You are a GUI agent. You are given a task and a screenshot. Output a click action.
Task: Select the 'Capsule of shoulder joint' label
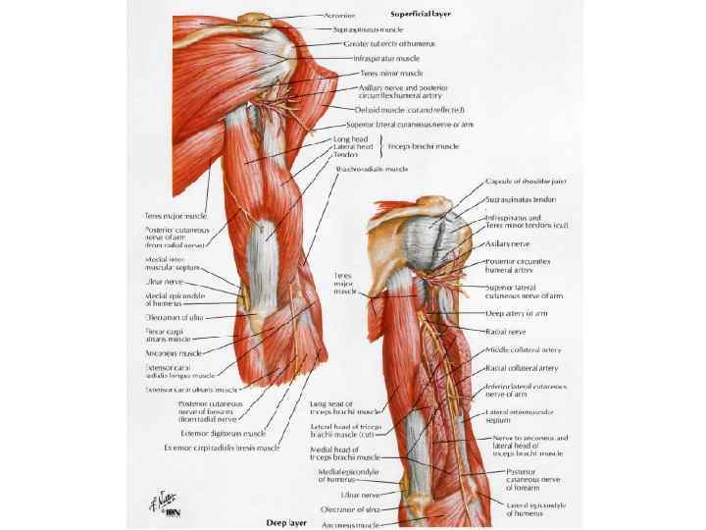pyautogui.click(x=529, y=184)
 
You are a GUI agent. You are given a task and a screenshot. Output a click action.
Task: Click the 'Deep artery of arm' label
pyautogui.click(x=517, y=314)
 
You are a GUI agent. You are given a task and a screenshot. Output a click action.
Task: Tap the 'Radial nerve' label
pyautogui.click(x=507, y=332)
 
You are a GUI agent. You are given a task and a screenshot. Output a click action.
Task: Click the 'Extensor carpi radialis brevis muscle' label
pyautogui.click(x=221, y=448)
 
